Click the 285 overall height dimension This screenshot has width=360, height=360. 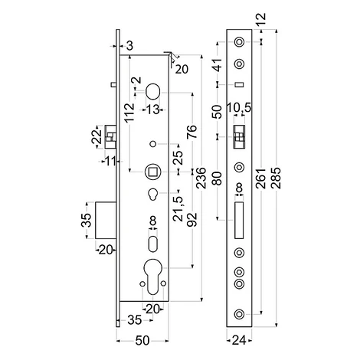click(277, 178)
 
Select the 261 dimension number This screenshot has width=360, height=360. click(261, 178)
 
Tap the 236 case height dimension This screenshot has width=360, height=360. click(201, 178)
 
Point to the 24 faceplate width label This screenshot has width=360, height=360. click(239, 340)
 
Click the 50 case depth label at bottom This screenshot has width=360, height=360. click(142, 341)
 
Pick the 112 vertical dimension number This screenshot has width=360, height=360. click(129, 113)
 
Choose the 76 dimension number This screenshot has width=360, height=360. click(192, 132)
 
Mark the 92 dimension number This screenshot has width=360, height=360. click(192, 220)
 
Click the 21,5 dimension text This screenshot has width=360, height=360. click(178, 208)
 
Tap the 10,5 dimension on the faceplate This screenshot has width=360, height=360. click(239, 108)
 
